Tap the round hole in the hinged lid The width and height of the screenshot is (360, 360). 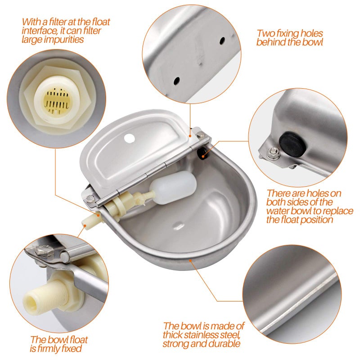[129, 138]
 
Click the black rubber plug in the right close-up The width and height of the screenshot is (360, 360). [292, 144]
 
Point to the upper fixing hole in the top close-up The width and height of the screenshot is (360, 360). [222, 41]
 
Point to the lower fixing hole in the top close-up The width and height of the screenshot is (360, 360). [176, 81]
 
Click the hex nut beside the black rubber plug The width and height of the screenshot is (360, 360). [274, 153]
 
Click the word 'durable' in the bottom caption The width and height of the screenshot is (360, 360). [225, 344]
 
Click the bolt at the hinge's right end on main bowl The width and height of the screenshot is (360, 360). [201, 135]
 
